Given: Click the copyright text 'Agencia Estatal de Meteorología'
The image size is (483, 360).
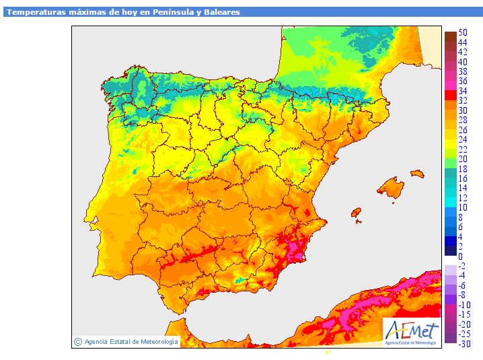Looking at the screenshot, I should pyautogui.click(x=131, y=342).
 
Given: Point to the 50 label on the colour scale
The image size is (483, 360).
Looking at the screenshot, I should pyautogui.click(x=463, y=32).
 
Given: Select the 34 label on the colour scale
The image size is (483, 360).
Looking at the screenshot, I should pyautogui.click(x=463, y=91).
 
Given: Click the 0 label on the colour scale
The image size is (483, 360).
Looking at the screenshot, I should pyautogui.click(x=461, y=256).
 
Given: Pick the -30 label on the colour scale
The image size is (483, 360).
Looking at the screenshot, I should pyautogui.click(x=464, y=344).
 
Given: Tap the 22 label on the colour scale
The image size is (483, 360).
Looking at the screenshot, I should pyautogui.click(x=463, y=149).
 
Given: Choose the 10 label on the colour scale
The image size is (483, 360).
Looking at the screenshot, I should pyautogui.click(x=463, y=207).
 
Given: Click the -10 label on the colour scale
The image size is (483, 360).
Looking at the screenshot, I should pyautogui.click(x=464, y=305).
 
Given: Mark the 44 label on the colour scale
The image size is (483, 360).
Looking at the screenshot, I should pyautogui.click(x=463, y=42).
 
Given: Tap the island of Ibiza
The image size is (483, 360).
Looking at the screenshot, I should pyautogui.click(x=357, y=213).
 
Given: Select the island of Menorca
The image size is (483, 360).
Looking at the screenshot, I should pyautogui.click(x=417, y=174).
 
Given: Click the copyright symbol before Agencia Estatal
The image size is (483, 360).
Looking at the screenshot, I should pyautogui.click(x=78, y=342).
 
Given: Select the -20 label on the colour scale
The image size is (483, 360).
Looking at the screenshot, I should pyautogui.click(x=464, y=324).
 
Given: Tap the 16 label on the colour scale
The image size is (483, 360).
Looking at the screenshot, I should pyautogui.click(x=463, y=178).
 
